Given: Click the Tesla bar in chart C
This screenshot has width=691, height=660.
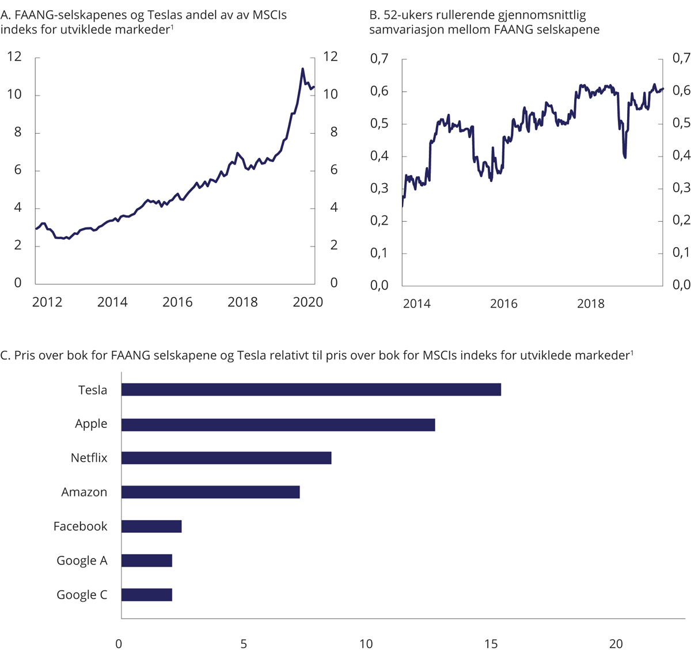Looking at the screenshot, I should tap(311, 389).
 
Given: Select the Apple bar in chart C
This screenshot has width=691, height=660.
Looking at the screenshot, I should tap(278, 424).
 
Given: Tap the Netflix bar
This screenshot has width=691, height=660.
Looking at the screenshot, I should tap(226, 458).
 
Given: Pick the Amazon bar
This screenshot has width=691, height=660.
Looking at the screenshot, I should tap(210, 492).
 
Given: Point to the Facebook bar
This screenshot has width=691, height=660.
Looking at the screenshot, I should tap(151, 526).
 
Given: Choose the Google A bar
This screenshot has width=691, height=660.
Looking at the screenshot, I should tap(147, 560).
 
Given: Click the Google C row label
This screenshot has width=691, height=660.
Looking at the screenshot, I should tap(82, 595).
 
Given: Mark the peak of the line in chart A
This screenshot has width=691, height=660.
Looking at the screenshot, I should tap(302, 69).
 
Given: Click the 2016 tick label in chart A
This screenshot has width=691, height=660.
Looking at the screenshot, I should tap(177, 302).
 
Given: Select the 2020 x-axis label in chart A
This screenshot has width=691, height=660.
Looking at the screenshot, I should tap(308, 302).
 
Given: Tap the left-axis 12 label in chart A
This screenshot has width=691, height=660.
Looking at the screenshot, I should tap(14, 56).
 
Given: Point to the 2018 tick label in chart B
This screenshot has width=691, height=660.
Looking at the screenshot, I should tap(591, 304).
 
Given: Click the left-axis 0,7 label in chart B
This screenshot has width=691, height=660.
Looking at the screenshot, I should tap(379, 59).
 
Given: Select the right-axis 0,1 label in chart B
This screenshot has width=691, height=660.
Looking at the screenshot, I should tap(681, 253).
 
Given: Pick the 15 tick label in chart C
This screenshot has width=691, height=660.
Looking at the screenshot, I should tap(491, 644).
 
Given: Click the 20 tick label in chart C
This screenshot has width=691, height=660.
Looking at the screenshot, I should tap(616, 644).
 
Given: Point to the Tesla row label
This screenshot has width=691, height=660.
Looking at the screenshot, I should tap(93, 390).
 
